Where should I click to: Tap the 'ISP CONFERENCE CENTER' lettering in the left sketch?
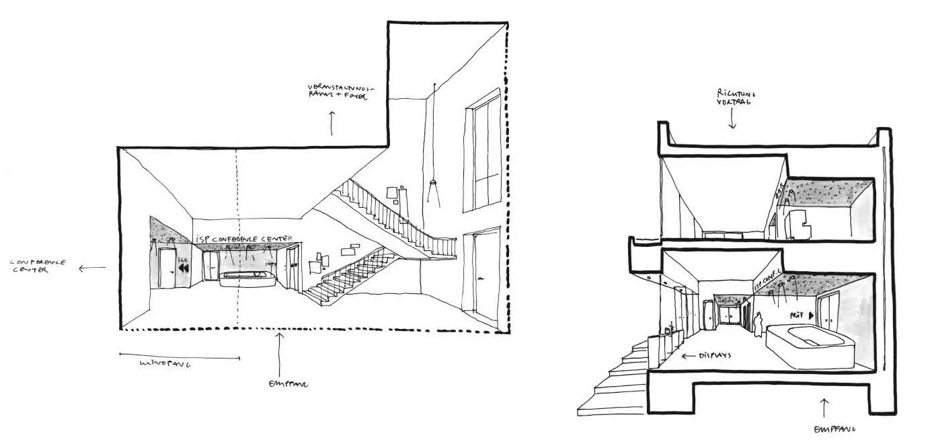point(247,238)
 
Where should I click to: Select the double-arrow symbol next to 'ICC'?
point(184,268)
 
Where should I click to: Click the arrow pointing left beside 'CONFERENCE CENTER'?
point(93,268)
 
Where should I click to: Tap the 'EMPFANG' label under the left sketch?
point(287,384)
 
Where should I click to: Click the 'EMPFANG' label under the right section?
point(833,429)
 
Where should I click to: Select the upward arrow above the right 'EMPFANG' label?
point(825,406)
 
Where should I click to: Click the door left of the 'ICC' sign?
point(166,267)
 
